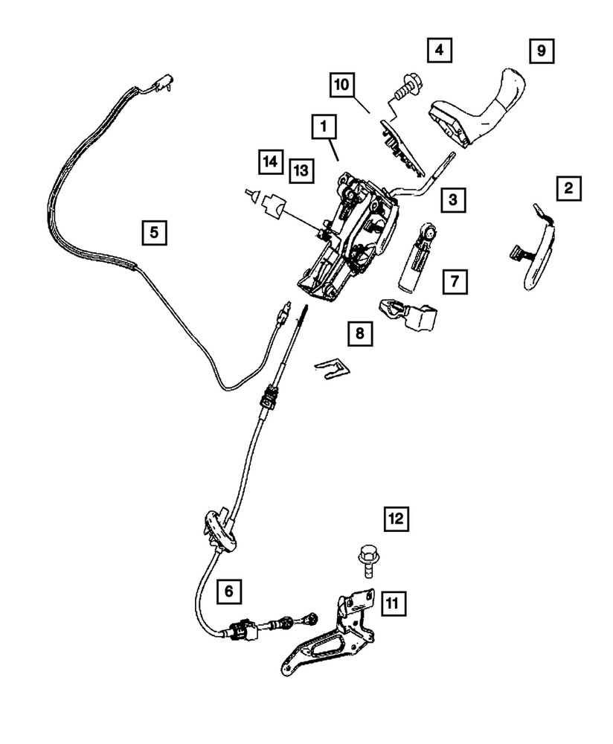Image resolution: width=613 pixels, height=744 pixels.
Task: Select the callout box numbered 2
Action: click(x=568, y=188)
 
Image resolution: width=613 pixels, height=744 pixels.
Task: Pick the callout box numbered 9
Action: click(x=542, y=51)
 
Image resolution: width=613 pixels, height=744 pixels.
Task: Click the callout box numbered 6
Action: click(x=229, y=591)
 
